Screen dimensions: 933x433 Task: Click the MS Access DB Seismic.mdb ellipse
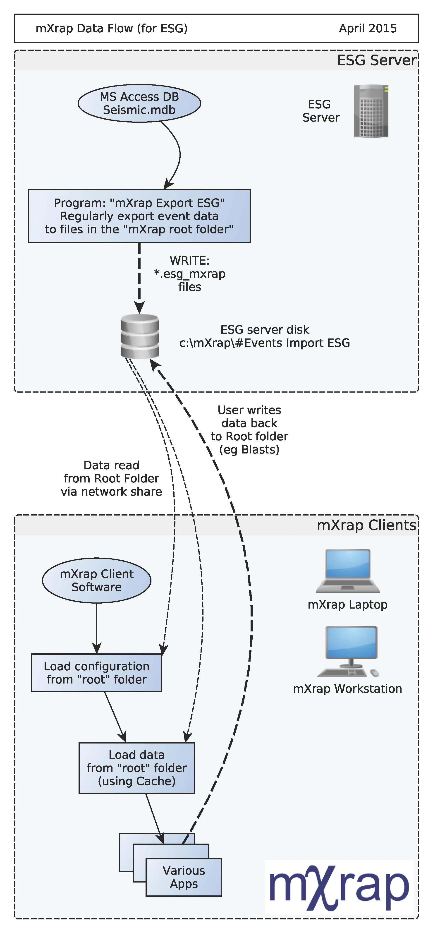pos(139,104)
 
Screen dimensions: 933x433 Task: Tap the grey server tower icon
pos(371,112)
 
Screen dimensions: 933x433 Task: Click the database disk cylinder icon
pos(139,336)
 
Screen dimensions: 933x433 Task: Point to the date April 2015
pos(367,29)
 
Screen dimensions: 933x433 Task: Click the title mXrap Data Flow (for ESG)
pos(112,29)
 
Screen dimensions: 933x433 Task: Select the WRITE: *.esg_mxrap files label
pos(190,274)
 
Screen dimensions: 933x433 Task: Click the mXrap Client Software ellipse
pos(97,580)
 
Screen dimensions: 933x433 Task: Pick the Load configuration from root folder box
pos(97,673)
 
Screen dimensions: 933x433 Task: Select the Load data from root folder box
pos(137,768)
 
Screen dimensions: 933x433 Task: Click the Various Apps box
pos(184,877)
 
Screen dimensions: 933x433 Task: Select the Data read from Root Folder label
pos(112,478)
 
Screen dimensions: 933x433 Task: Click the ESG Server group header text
pos(376,60)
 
